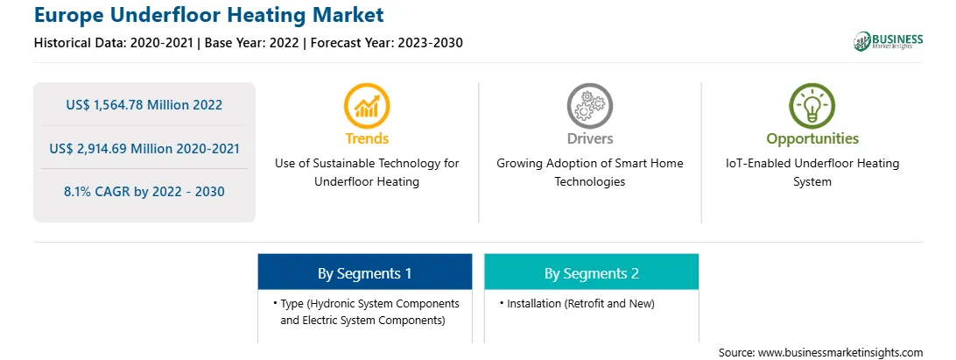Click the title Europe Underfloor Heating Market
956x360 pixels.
(x=208, y=15)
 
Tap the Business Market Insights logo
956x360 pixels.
(x=888, y=41)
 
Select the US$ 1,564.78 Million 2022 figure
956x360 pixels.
(x=144, y=105)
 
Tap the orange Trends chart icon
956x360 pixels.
(x=367, y=106)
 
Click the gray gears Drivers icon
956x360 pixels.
(x=589, y=106)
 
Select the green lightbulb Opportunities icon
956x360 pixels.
(x=812, y=106)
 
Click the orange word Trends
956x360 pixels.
(x=367, y=138)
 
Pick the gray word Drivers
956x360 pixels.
(x=590, y=138)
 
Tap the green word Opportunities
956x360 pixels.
(x=812, y=139)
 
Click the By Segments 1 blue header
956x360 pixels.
(x=364, y=272)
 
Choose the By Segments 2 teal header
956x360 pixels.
(x=592, y=272)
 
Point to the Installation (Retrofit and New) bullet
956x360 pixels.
(x=576, y=303)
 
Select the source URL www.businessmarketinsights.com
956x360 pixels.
(x=840, y=353)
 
